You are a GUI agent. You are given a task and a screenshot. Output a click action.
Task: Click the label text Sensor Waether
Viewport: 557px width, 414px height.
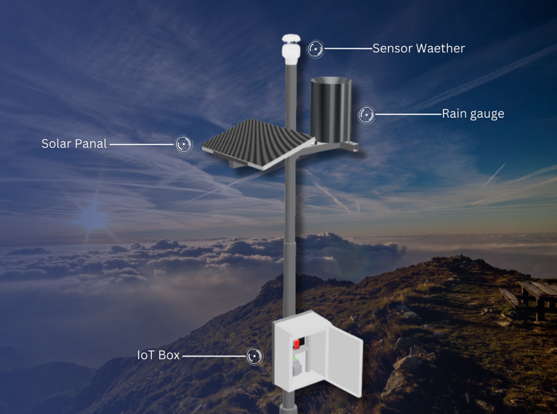(x=418, y=48)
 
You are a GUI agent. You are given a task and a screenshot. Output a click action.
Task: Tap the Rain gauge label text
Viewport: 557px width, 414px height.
(x=473, y=114)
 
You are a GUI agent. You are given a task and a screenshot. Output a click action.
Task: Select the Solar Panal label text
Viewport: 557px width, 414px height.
(x=74, y=144)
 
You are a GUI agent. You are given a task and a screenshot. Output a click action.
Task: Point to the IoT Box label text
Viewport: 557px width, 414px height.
(x=158, y=355)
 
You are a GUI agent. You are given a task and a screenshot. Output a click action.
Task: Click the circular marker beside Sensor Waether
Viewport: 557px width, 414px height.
(x=315, y=49)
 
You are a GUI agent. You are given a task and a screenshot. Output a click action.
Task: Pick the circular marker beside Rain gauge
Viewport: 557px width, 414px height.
(x=366, y=115)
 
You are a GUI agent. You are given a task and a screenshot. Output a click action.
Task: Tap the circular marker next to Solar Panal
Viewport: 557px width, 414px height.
(x=184, y=144)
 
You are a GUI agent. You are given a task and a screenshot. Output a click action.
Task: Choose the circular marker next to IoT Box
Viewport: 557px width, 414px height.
(x=255, y=356)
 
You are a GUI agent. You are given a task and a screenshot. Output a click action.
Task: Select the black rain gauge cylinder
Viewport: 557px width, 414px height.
(x=331, y=109)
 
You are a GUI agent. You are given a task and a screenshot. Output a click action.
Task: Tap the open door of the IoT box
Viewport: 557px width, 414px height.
(x=345, y=361)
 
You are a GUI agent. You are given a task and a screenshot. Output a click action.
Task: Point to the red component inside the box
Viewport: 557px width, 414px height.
(x=297, y=343)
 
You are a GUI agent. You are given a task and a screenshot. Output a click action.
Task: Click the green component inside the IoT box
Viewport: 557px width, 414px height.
(x=295, y=359)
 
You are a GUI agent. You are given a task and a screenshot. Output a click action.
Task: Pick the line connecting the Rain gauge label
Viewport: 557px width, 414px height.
(x=409, y=114)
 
